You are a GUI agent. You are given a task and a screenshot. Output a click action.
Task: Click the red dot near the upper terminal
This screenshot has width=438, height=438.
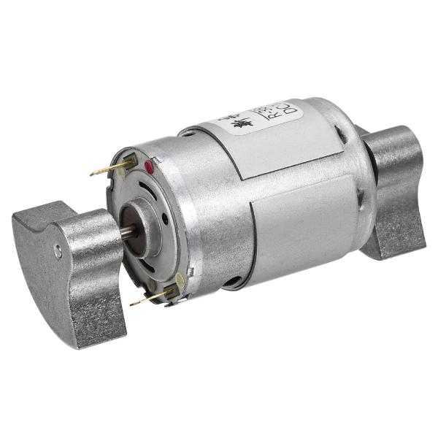(150, 168)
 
